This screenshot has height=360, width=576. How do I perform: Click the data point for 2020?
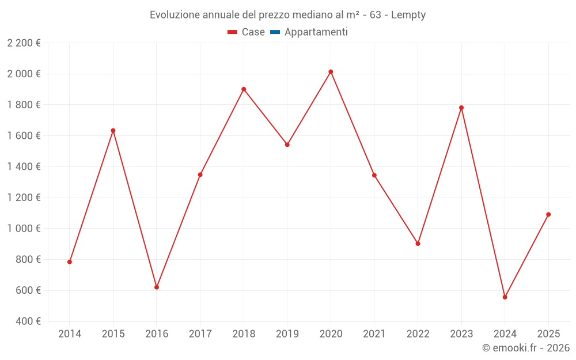pos(331,72)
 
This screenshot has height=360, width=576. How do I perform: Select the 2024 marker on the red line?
pos(505,297)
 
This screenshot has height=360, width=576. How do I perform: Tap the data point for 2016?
pos(157,287)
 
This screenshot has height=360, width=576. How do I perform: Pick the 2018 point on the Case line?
pos(244,89)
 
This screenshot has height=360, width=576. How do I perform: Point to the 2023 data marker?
pos(461,108)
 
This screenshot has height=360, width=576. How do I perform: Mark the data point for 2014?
pos(70,262)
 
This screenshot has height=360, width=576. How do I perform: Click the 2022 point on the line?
pos(418,244)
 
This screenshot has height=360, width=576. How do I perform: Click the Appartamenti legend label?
pos(316,32)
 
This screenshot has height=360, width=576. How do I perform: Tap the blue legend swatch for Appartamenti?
pos(275,32)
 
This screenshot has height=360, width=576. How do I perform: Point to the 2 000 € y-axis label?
pos(24,74)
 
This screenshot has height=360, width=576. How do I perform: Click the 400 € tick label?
pos(27,321)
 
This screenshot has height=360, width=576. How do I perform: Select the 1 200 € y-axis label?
pos(24,198)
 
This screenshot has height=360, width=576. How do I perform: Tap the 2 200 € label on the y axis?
pos(24,43)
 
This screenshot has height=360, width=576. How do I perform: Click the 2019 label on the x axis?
pos(287,334)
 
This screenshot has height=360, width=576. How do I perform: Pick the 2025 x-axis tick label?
pos(548,334)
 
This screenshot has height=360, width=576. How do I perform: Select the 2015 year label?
pos(113,334)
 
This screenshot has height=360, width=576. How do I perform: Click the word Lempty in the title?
pos(408,15)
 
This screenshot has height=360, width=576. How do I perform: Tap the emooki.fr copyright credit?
pos(526,348)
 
